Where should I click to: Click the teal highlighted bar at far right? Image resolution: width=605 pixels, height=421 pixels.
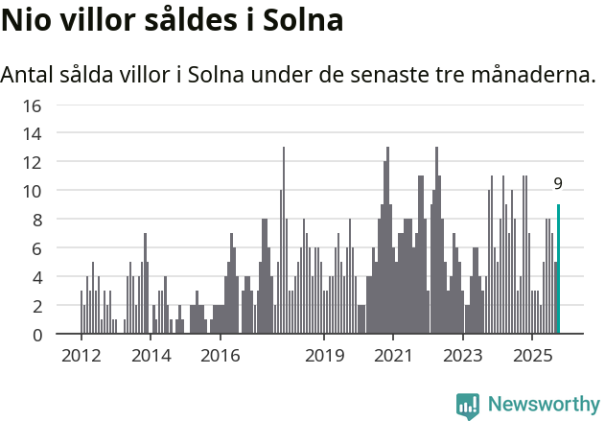(558, 269)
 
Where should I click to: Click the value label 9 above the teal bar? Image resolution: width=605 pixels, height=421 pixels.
(558, 183)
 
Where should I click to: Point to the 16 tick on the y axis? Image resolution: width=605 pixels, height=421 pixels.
(32, 105)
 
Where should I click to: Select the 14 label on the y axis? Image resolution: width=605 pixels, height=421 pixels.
(32, 133)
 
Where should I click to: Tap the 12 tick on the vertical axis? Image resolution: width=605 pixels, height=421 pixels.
(32, 162)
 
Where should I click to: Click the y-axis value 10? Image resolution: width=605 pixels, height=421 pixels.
(32, 191)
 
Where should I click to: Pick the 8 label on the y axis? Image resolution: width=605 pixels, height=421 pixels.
(35, 220)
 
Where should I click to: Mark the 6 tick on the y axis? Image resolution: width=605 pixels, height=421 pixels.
(35, 248)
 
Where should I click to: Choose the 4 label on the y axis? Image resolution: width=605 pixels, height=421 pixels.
(35, 277)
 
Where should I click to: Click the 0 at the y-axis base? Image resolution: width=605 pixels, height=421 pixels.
(35, 335)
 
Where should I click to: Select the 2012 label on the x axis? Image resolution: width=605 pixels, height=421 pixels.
(81, 356)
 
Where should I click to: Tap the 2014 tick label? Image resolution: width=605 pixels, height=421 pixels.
(151, 356)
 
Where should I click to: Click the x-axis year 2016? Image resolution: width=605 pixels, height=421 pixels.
(221, 356)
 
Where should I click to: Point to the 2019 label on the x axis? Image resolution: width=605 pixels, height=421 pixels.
(324, 356)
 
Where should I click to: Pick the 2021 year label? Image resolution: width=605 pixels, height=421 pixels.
(393, 356)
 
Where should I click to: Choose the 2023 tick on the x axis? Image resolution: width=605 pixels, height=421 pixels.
(463, 356)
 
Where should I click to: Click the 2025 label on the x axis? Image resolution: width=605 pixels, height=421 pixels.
(532, 356)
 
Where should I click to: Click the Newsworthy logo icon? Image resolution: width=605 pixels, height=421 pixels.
(468, 405)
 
